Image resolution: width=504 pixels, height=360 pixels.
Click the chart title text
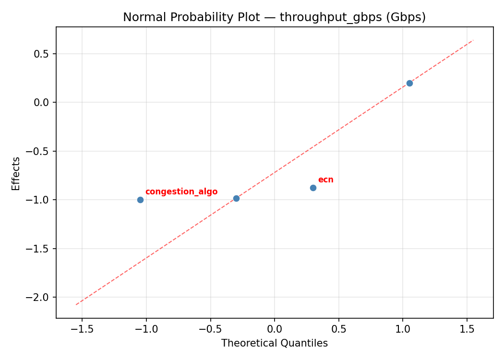(x=274, y=17)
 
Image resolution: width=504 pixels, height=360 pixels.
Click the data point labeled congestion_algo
(x=140, y=200)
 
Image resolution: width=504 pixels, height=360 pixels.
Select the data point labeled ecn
(x=313, y=188)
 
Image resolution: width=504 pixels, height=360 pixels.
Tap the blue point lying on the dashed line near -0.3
(x=236, y=198)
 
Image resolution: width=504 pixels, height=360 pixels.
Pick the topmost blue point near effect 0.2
(x=409, y=83)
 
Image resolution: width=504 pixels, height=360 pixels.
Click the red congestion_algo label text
(x=181, y=192)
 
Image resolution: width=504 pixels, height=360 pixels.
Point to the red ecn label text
(x=325, y=180)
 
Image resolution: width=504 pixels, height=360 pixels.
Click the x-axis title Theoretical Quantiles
(x=274, y=343)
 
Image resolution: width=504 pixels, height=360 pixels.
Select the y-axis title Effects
(x=16, y=173)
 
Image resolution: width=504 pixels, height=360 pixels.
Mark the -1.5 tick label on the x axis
(x=82, y=330)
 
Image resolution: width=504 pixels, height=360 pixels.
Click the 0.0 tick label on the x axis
(x=274, y=330)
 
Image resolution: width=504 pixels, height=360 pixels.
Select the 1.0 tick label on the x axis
(x=403, y=330)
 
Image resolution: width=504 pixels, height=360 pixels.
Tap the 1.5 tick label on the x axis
(x=467, y=330)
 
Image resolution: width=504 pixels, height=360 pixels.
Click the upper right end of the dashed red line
(x=473, y=40)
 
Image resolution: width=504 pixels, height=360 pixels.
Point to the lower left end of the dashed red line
(x=76, y=304)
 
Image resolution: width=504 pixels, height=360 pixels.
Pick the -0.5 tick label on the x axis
(x=210, y=330)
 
